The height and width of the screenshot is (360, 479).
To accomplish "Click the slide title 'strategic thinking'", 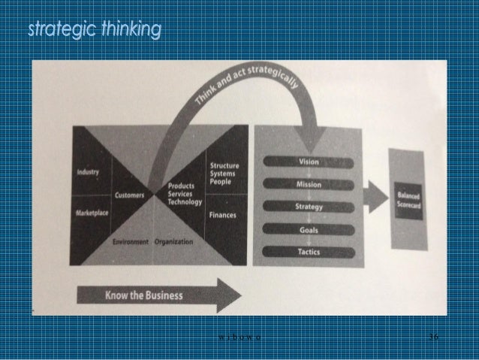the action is [x=94, y=30].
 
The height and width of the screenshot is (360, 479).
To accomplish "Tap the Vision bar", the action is [x=309, y=161].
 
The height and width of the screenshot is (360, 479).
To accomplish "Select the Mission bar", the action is [x=309, y=183].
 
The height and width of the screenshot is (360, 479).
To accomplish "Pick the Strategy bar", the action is [x=309, y=207].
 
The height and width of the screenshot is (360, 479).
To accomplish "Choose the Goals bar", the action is [x=309, y=229].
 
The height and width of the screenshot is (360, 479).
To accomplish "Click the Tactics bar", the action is [x=309, y=252].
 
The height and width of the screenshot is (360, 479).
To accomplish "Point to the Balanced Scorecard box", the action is [x=410, y=196].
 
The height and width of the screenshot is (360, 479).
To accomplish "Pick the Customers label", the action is [x=129, y=195].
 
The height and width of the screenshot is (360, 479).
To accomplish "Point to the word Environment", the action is [x=131, y=242].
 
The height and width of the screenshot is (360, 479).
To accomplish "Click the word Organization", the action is [x=174, y=242].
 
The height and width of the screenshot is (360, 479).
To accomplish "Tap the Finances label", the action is [x=222, y=215].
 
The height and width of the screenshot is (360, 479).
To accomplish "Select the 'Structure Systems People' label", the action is [x=224, y=174].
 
